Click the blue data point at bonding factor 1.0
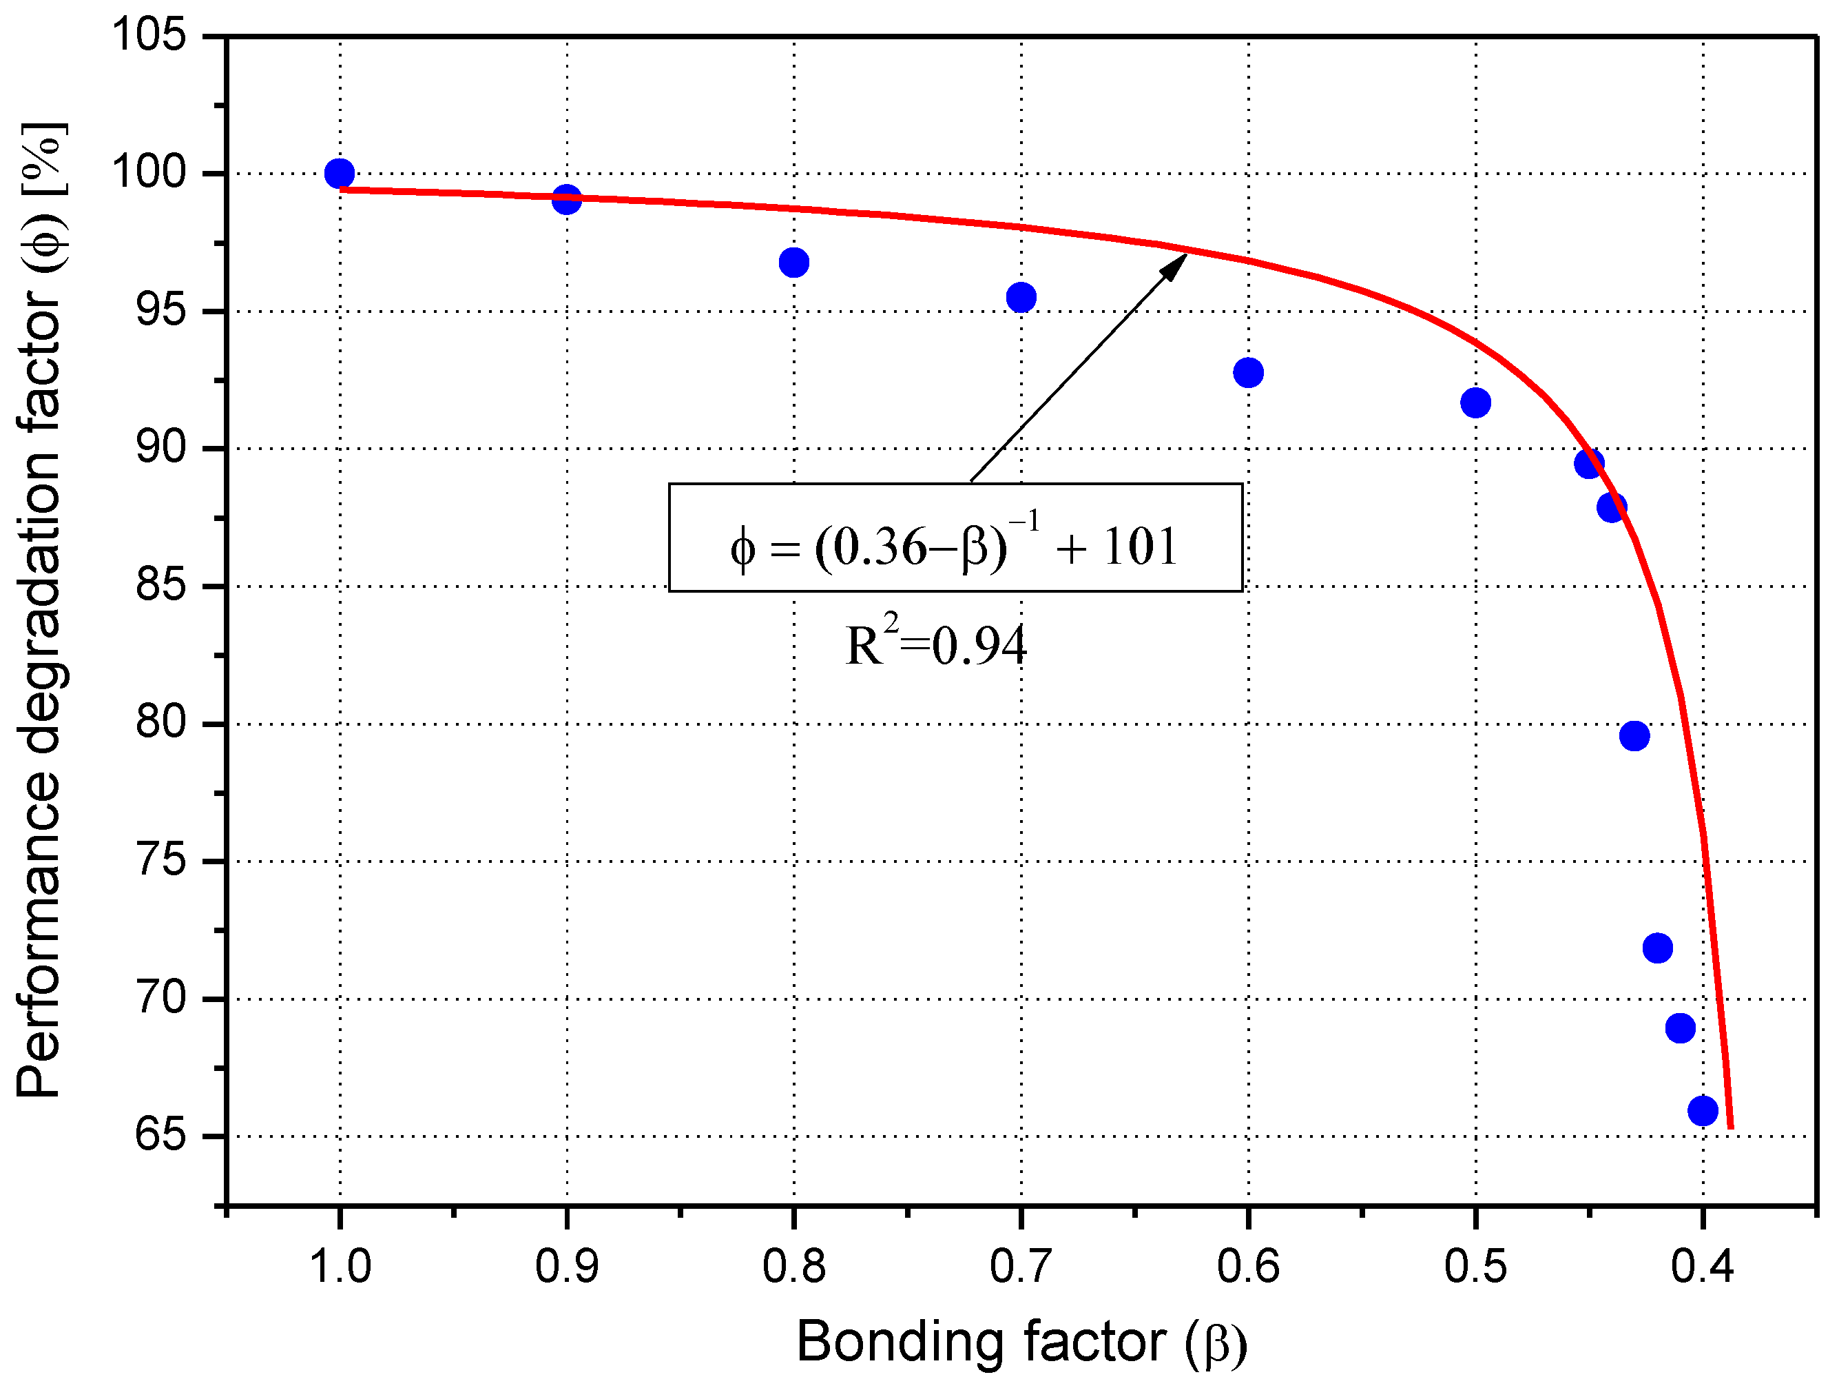tap(339, 173)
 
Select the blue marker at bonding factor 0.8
tap(794, 263)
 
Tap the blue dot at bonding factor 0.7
tap(1021, 297)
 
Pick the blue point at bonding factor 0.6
tap(1248, 373)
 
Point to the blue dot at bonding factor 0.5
tap(1475, 403)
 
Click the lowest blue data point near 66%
tap(1703, 1110)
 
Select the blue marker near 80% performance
tap(1634, 736)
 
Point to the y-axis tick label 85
tap(160, 586)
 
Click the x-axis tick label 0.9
tap(566, 1267)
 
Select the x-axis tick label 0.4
tap(1702, 1267)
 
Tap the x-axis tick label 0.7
tap(1021, 1267)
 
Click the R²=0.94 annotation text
tap(935, 644)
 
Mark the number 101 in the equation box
tap(1141, 547)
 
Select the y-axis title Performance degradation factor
tap(40, 611)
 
